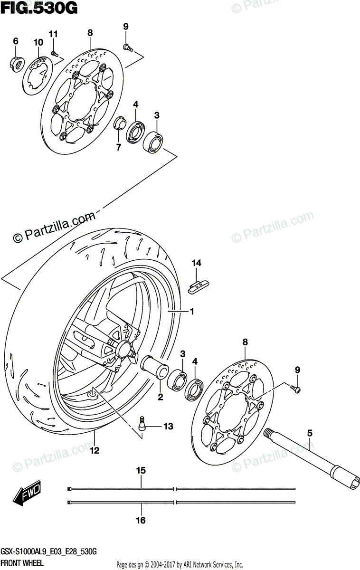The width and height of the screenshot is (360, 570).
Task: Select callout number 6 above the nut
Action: click(x=16, y=41)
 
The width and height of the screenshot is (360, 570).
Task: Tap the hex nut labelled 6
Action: click(x=16, y=62)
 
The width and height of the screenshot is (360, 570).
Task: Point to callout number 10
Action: click(x=38, y=43)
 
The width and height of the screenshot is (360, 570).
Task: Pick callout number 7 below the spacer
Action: click(x=119, y=147)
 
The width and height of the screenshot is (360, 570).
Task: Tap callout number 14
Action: click(x=197, y=263)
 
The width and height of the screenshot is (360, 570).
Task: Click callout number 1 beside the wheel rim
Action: click(x=192, y=312)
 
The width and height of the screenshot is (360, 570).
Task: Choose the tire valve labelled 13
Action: click(x=141, y=422)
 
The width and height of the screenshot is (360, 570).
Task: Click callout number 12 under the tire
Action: click(x=95, y=450)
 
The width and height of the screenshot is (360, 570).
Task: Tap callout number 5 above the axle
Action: click(x=309, y=433)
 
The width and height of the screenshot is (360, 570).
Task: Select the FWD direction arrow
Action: click(x=28, y=494)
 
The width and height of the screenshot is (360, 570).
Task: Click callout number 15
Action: click(x=141, y=471)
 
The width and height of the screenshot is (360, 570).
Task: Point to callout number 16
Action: click(x=141, y=521)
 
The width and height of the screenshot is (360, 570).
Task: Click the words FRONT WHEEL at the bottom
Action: click(x=22, y=562)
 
